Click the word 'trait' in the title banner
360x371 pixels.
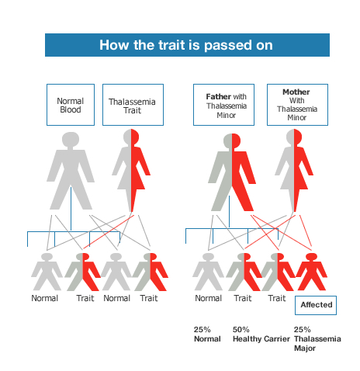[171, 45]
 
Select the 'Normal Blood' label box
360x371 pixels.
[71, 105]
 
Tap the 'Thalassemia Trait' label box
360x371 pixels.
[133, 105]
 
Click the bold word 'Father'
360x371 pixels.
[219, 97]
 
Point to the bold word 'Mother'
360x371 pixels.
[296, 92]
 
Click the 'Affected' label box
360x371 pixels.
[316, 305]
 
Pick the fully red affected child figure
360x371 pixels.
[311, 272]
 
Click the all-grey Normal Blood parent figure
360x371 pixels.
[71, 171]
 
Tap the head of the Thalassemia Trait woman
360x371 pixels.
[131, 137]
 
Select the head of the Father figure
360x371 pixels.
[232, 141]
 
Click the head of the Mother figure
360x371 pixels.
[294, 137]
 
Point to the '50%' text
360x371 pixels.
[241, 330]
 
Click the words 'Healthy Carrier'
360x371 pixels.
[261, 339]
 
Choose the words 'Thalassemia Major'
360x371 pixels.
[317, 344]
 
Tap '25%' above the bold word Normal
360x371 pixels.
[202, 330]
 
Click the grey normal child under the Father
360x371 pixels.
[208, 272]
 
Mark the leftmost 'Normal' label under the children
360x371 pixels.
[44, 298]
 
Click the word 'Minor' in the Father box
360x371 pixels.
[226, 115]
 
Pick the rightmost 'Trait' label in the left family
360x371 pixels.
[149, 298]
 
